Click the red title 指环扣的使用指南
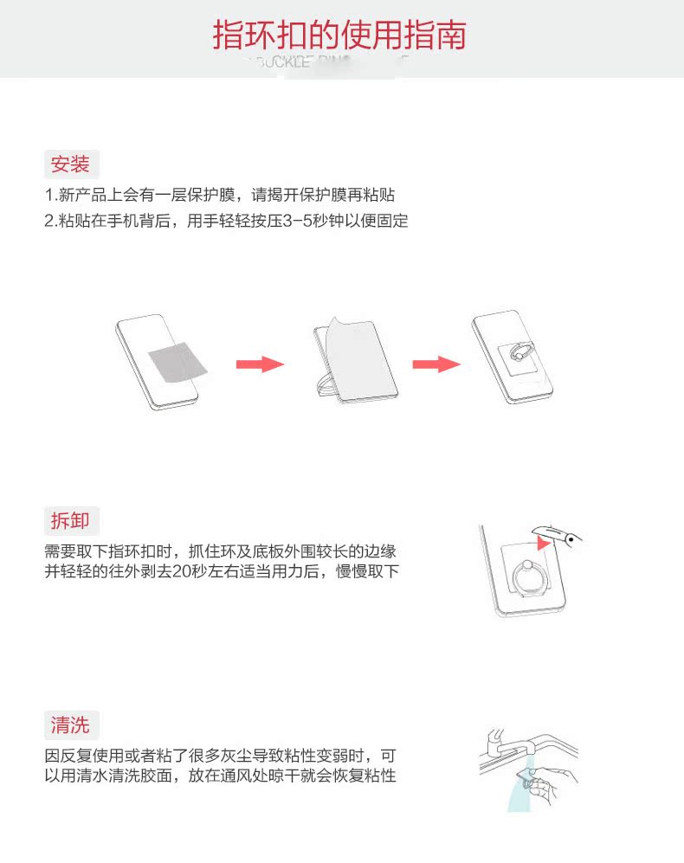coord(339,35)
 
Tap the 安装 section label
coord(71,164)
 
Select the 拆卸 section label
coord(71,521)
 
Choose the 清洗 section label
coord(71,725)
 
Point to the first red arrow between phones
coord(260,364)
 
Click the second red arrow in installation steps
coord(436,364)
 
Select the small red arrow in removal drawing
coord(543,544)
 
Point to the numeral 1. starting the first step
coord(50,195)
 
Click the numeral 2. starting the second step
coord(50,221)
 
